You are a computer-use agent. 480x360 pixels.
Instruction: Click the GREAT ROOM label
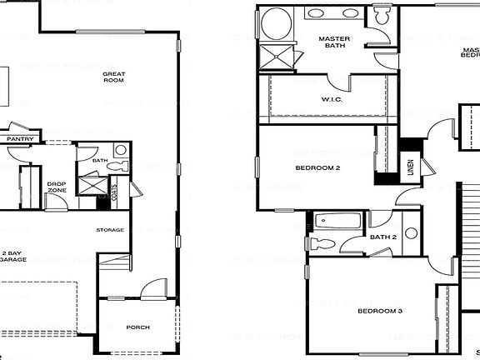tap(114, 77)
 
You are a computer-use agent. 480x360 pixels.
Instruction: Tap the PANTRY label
tap(19, 139)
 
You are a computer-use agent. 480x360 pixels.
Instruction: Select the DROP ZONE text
tap(57, 187)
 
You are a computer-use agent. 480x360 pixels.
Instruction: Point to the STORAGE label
tap(110, 230)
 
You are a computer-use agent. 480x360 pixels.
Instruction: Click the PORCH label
tap(137, 327)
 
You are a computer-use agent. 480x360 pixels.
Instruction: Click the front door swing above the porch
tap(151, 290)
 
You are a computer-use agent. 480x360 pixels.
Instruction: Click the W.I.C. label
tap(332, 100)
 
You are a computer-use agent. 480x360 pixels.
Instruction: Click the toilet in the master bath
tap(381, 17)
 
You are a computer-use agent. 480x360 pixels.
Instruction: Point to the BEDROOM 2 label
tap(317, 167)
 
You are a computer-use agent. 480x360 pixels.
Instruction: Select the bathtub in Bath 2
tap(337, 222)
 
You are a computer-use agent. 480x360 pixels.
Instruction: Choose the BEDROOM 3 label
tap(380, 312)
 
